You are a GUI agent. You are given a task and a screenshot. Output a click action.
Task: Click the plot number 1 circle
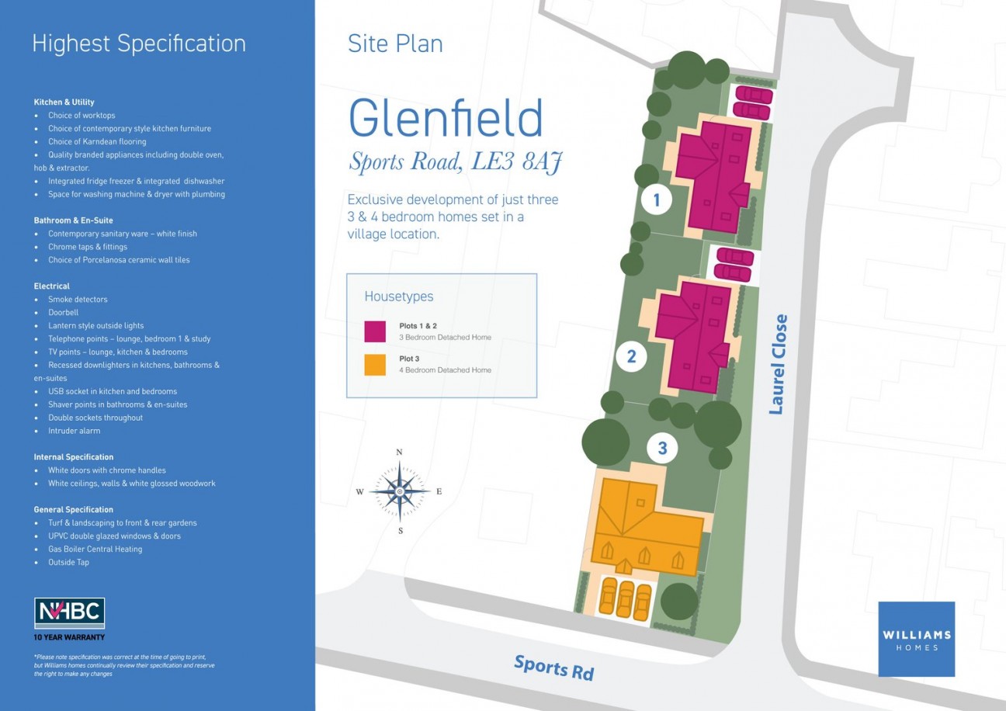(657, 201)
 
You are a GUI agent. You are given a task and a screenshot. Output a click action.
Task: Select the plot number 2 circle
(631, 357)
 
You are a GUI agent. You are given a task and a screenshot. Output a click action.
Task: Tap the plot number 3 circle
(662, 448)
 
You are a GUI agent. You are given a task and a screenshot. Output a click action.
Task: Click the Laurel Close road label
(778, 364)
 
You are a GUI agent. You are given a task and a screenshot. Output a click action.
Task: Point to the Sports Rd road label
(553, 667)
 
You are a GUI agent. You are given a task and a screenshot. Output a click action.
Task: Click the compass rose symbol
(399, 491)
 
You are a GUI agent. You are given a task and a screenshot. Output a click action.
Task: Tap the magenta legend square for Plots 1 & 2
(375, 331)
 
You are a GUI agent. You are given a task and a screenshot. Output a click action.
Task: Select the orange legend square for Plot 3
(375, 365)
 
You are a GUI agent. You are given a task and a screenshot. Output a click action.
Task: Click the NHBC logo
(69, 613)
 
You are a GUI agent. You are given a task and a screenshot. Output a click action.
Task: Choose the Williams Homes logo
(916, 639)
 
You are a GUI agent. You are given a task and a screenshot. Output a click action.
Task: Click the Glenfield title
(446, 119)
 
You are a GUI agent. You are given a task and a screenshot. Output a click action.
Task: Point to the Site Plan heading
(395, 43)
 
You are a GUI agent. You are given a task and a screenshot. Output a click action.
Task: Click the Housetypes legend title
(399, 297)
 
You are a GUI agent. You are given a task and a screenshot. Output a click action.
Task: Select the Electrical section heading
(52, 286)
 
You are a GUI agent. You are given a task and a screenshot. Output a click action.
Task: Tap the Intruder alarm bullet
(74, 431)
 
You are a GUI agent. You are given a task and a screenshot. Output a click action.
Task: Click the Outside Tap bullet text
(68, 562)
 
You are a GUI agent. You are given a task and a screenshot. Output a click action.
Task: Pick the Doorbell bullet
(63, 312)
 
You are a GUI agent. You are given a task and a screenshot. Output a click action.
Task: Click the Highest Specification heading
(139, 43)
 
